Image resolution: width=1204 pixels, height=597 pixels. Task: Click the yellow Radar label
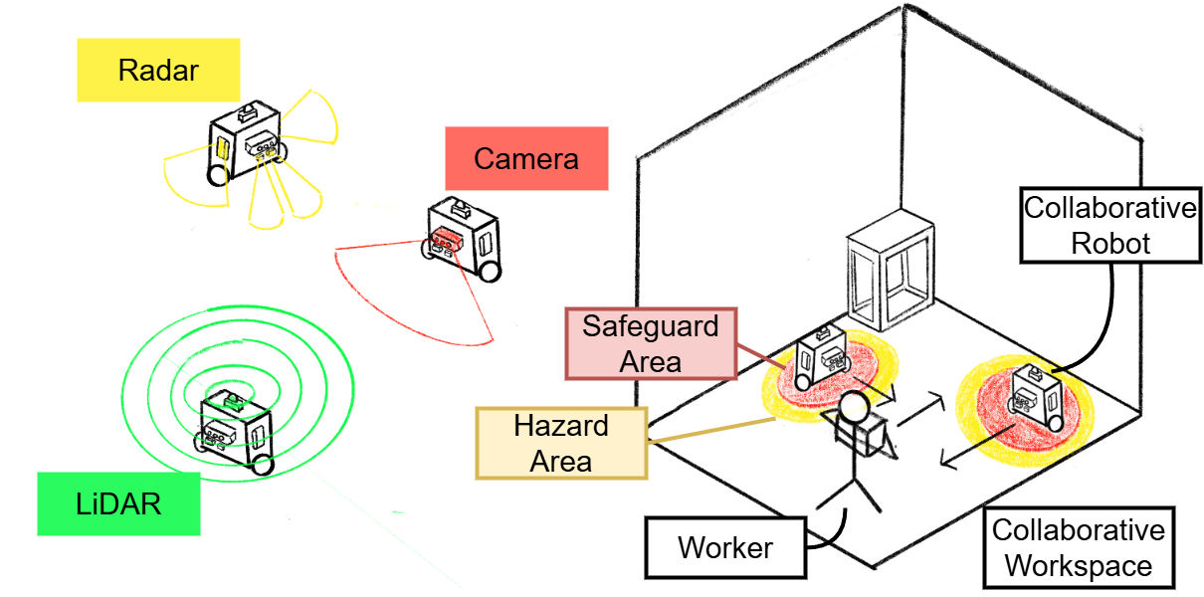(158, 70)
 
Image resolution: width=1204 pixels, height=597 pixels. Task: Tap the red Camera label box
(525, 158)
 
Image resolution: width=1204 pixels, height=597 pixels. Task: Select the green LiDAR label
(117, 503)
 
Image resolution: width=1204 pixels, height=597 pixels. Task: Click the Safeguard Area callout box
(651, 343)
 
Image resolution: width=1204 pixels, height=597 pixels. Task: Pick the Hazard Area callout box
(561, 444)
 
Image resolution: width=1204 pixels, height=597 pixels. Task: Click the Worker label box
(725, 547)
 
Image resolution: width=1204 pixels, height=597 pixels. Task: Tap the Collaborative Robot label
(1109, 226)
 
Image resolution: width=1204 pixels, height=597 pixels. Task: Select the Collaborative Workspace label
(1079, 548)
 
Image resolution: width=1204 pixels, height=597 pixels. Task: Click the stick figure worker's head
(853, 407)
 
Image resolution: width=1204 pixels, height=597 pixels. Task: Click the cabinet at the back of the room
(889, 274)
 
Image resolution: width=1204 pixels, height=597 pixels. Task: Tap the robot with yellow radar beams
(246, 142)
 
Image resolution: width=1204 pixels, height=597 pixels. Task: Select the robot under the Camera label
(462, 238)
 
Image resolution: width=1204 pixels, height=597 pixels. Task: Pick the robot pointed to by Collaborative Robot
(1036, 399)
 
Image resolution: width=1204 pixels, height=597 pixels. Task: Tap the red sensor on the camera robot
(447, 237)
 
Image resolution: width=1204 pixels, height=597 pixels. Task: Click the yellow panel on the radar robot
(223, 148)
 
